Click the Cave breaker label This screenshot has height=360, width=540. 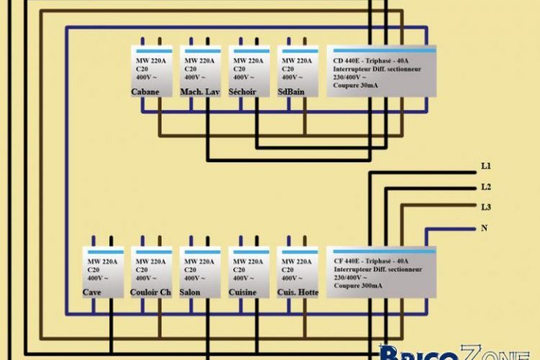click(92, 292)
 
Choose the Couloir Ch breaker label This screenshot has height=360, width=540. click(150, 292)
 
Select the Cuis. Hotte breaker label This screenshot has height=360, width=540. click(297, 292)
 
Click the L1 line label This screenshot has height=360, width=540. click(486, 166)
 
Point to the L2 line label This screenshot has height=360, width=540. click(486, 187)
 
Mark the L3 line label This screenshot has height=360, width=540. click(486, 207)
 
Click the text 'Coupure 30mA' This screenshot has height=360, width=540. click(356, 85)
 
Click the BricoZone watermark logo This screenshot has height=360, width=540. click(454, 351)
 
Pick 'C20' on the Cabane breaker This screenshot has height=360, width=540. click(142, 69)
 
